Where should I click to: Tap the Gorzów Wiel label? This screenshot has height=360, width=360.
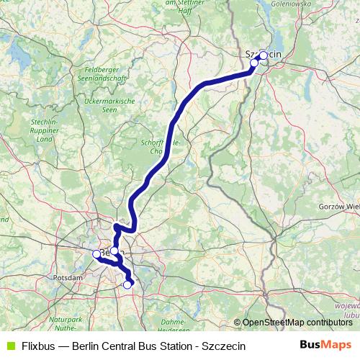[x=338, y=207]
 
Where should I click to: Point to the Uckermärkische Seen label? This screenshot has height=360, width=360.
[x=110, y=106]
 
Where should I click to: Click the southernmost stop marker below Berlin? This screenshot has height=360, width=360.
[x=127, y=284]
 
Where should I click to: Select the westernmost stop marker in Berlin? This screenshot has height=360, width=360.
[x=96, y=253]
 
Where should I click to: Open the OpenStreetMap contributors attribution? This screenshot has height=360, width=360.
[x=297, y=323]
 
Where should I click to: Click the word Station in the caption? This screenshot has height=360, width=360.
[x=184, y=346]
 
